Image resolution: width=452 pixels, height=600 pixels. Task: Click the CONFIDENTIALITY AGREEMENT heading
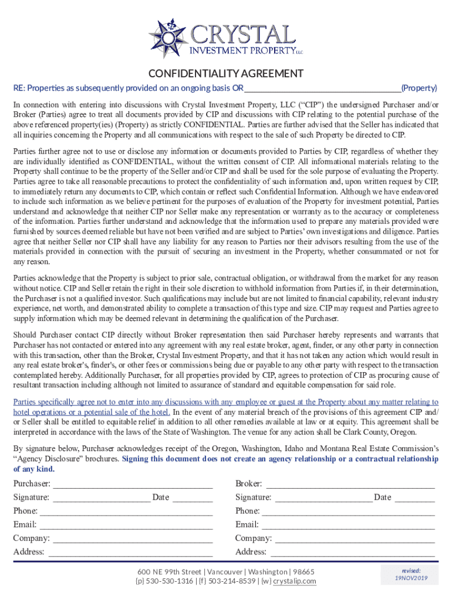[x=226, y=74]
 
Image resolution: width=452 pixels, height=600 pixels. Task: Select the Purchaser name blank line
[x=133, y=485]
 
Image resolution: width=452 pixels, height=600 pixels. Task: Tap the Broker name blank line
[x=350, y=485]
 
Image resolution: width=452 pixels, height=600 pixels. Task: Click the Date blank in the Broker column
[x=414, y=498]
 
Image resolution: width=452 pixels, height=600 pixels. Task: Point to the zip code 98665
[x=304, y=572]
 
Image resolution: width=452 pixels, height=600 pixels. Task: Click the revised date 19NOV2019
[x=411, y=578]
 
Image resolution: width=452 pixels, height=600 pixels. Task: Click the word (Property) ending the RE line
[x=419, y=88]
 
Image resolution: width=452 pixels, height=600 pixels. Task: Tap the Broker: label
[x=249, y=484]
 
